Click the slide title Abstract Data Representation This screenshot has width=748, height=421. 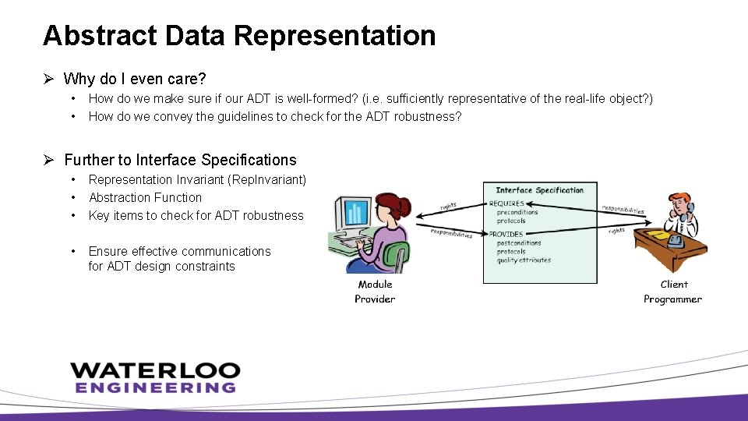pyautogui.click(x=239, y=36)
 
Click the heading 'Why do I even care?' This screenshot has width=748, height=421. pyautogui.click(x=134, y=79)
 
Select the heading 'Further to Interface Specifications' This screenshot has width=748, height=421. pyautogui.click(x=180, y=160)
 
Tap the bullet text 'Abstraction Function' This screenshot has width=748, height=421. pyautogui.click(x=145, y=198)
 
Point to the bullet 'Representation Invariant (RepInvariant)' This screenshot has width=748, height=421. pyautogui.click(x=197, y=180)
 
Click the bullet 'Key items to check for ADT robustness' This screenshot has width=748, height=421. pyautogui.click(x=196, y=216)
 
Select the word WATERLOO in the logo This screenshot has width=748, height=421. pyautogui.click(x=154, y=370)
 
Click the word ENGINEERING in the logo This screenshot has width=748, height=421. pyautogui.click(x=155, y=387)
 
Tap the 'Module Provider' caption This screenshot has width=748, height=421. pyautogui.click(x=375, y=292)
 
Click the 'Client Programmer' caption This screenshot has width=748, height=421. pyautogui.click(x=672, y=292)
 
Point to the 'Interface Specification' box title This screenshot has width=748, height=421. pyautogui.click(x=539, y=190)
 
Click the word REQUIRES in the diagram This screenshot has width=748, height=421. pyautogui.click(x=507, y=203)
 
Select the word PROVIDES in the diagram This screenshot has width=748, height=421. pyautogui.click(x=506, y=234)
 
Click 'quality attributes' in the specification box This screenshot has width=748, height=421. pyautogui.click(x=524, y=260)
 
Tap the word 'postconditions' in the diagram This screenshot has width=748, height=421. pyautogui.click(x=519, y=243)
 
